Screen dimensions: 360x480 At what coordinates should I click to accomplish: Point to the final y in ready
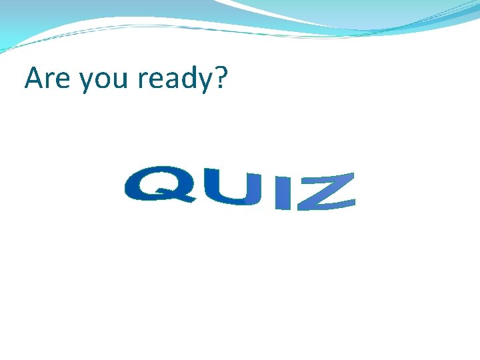coord(201,84)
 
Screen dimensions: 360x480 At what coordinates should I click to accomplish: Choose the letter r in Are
coord(52,81)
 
